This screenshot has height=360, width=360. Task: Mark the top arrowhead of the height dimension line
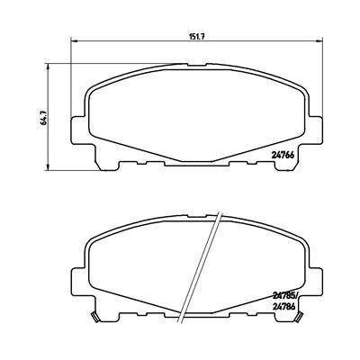pyautogui.click(x=47, y=65)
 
